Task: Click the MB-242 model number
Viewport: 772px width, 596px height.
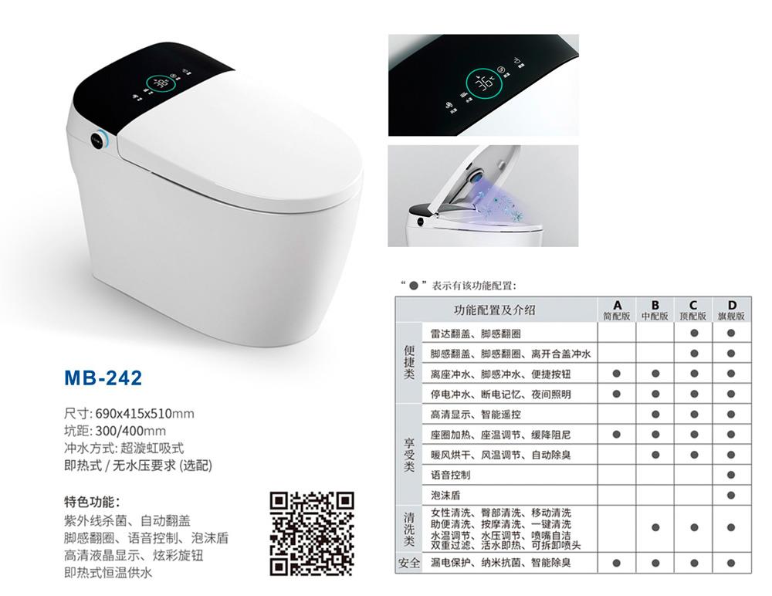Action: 103,378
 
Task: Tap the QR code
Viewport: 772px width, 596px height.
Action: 312,533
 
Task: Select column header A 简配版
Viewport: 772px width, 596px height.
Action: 616,310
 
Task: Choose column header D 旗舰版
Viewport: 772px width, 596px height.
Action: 731,310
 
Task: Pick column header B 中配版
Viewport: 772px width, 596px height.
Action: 655,310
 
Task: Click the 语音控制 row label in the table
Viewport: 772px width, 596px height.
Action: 451,475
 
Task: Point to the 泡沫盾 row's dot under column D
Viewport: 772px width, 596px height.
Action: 730,495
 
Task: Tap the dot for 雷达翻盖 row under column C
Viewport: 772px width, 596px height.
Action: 694,333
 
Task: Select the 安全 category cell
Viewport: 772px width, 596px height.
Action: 408,563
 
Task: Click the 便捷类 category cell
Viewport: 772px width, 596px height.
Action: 408,363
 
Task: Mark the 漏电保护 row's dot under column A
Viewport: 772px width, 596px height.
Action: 616,563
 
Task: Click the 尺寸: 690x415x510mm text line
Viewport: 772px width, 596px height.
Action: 129,413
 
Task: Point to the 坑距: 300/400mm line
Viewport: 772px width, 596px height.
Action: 115,431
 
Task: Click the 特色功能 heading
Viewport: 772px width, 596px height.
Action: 92,502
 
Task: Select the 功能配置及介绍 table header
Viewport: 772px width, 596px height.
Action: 494,310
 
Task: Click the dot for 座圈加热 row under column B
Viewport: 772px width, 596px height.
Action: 655,435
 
